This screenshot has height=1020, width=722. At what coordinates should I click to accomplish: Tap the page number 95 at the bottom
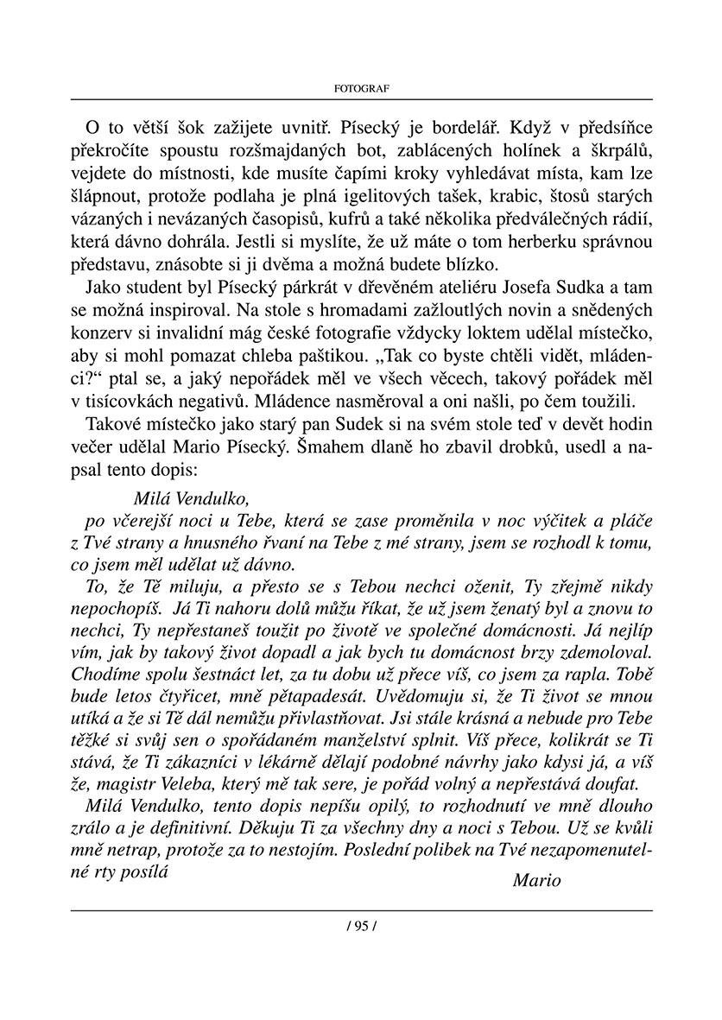(x=361, y=926)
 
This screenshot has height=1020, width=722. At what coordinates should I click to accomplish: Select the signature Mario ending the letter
(x=536, y=881)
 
